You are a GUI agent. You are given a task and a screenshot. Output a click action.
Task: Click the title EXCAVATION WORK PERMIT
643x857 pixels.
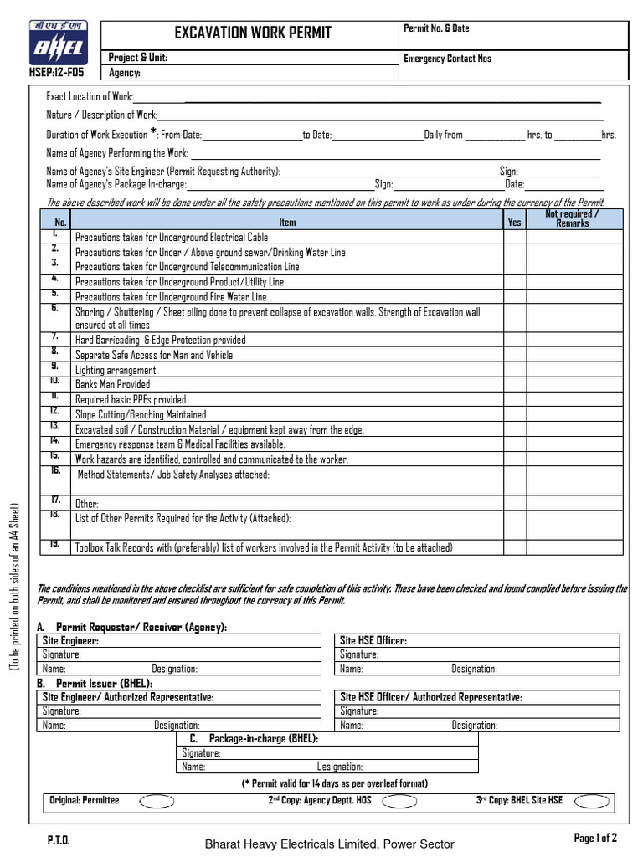pyautogui.click(x=252, y=33)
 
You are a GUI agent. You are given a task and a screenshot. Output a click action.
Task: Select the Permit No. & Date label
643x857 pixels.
pyautogui.click(x=436, y=28)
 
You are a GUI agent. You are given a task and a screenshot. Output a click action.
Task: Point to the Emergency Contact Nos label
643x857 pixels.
pyautogui.click(x=447, y=59)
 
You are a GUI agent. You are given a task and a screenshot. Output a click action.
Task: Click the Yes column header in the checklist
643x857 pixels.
pyautogui.click(x=514, y=223)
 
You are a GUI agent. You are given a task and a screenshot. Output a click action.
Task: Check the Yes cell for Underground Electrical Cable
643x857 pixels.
pyautogui.click(x=514, y=238)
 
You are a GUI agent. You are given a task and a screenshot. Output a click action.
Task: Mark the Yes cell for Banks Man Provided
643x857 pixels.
pyautogui.click(x=514, y=385)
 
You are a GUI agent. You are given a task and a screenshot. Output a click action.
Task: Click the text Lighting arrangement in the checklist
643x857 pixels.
pyautogui.click(x=116, y=371)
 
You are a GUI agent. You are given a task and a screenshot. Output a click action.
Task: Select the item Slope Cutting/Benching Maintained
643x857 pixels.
pyautogui.click(x=140, y=415)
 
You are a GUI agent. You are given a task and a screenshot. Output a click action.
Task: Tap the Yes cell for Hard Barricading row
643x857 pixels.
pyautogui.click(x=514, y=341)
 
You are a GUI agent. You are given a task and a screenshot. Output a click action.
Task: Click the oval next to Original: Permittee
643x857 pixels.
pyautogui.click(x=156, y=802)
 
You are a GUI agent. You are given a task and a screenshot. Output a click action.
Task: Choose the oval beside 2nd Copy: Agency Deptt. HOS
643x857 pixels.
pyautogui.click(x=400, y=802)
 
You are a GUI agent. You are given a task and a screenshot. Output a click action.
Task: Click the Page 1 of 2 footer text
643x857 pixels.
pyautogui.click(x=594, y=838)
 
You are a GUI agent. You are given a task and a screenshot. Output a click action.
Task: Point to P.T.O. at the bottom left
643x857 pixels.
pyautogui.click(x=58, y=839)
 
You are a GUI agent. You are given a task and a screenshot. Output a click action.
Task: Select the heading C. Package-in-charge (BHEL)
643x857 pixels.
pyautogui.click(x=254, y=739)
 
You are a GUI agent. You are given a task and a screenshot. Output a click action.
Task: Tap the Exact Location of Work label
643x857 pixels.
pyautogui.click(x=89, y=98)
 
